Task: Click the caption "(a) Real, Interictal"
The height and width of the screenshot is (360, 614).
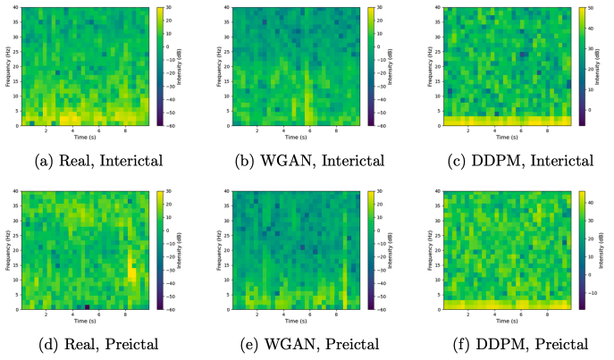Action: (x=95, y=161)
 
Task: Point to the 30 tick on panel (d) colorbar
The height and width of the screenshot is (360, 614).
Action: (x=171, y=191)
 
